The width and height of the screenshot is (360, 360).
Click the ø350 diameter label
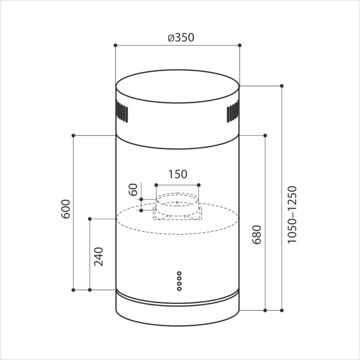pos(181,37)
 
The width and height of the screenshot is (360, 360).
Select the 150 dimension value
pos(178,174)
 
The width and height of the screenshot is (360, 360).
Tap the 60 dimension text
pos(134,189)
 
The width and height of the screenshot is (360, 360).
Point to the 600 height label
pos(66,208)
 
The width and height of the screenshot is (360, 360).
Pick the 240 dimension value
pos(98,256)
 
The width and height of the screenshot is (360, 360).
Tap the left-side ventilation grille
pos(122,112)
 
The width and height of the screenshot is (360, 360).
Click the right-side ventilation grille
pos(233,112)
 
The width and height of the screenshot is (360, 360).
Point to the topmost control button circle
pos(179,273)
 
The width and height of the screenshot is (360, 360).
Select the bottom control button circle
pos(179,289)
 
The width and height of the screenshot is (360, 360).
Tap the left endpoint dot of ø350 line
pos(115,45)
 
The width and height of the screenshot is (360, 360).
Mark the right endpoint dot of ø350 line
pos(240,45)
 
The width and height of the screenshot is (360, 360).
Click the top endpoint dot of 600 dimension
pos(73,135)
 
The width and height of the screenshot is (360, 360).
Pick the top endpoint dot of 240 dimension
pos(90,219)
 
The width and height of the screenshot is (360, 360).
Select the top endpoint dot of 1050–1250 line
pos(282,86)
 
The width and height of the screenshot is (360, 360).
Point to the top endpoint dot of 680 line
pos(265,135)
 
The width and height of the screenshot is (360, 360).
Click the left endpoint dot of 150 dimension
pos(156,185)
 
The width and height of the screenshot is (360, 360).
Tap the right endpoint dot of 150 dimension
pos(199,185)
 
